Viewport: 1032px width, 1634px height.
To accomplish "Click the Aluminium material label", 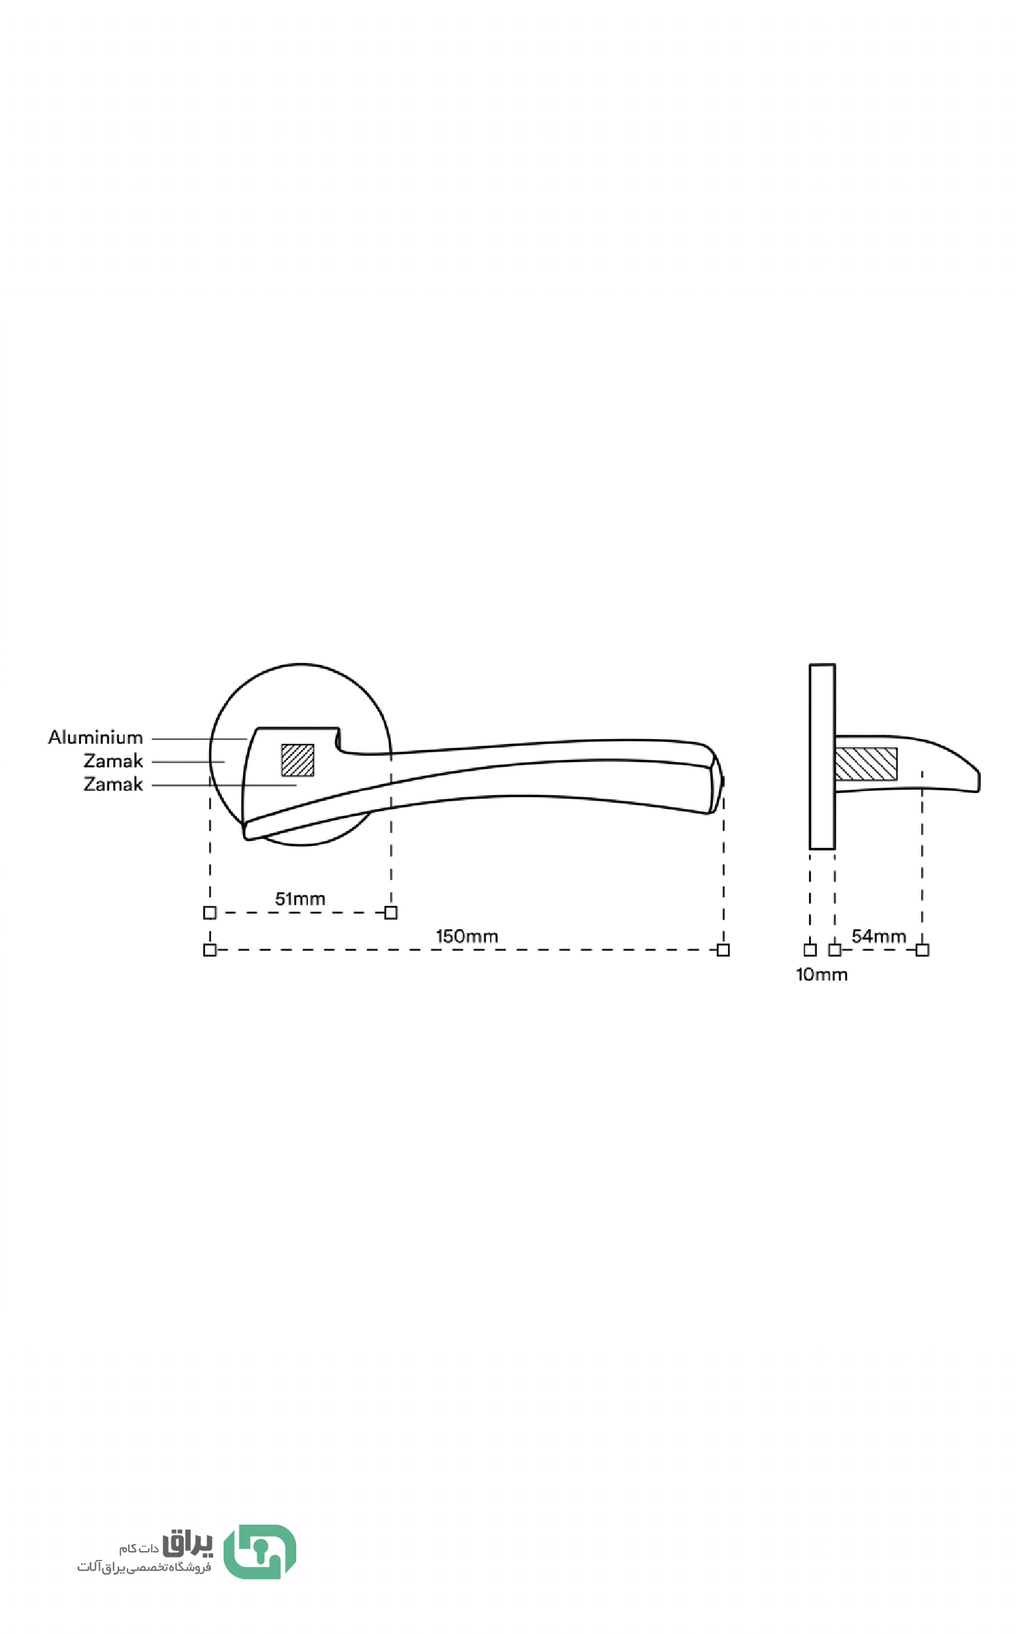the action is click(96, 738).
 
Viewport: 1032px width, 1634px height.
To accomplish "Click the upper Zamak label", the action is click(113, 761).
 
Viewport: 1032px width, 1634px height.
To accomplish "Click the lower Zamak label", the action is click(113, 785).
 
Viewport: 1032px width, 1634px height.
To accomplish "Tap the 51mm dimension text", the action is click(300, 899).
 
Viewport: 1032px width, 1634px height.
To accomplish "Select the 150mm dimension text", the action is click(467, 936).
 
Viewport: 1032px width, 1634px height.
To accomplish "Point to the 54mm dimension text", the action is click(878, 936).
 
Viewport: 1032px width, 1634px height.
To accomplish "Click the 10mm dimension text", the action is click(822, 974).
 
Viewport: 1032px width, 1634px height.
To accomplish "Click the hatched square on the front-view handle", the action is click(298, 760).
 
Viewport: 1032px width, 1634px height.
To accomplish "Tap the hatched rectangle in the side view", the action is click(866, 764).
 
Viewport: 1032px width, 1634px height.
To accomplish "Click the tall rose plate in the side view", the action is click(822, 756).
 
